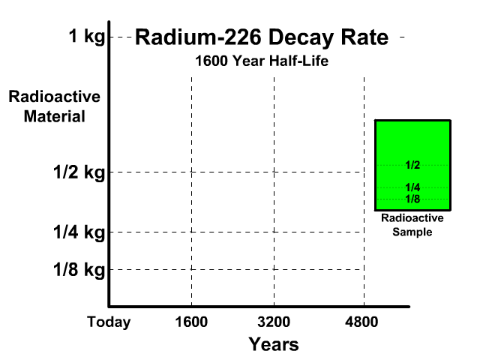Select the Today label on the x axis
[109, 322]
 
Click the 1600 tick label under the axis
[191, 322]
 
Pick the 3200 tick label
[274, 322]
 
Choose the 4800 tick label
[364, 322]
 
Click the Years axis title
[274, 344]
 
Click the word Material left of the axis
[54, 117]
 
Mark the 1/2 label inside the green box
[412, 165]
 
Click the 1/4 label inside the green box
[412, 187]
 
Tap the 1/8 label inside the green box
[412, 199]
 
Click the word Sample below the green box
[412, 232]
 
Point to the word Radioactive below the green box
[412, 219]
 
